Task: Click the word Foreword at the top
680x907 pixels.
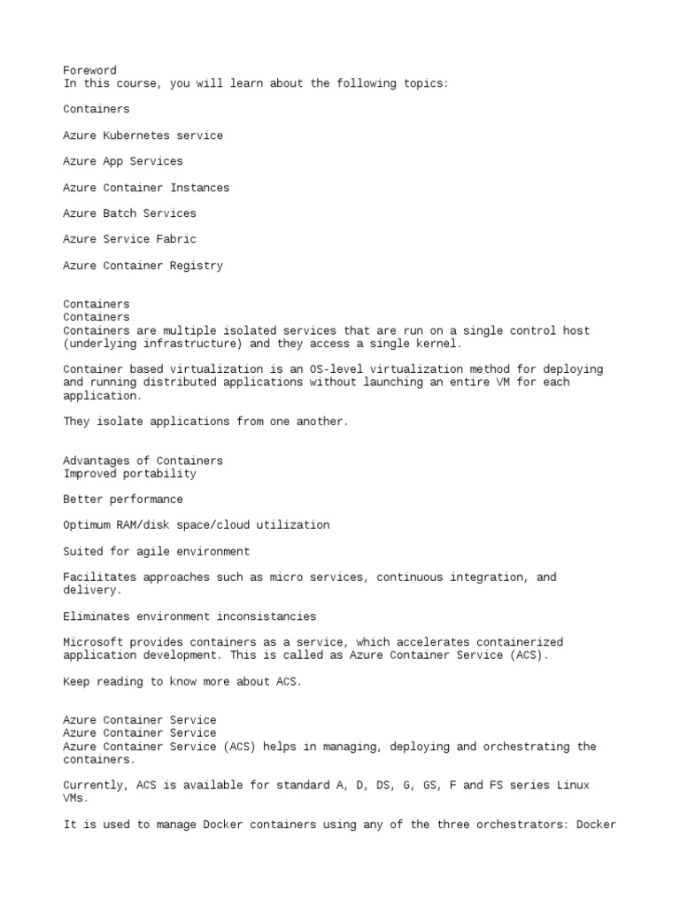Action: click(89, 71)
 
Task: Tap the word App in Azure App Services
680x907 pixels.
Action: click(112, 161)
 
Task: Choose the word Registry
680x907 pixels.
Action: click(193, 266)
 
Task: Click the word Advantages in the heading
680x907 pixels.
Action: click(96, 461)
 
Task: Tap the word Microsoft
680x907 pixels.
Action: click(93, 642)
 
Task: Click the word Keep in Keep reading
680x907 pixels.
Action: click(76, 682)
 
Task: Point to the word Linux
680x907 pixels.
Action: click(574, 786)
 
